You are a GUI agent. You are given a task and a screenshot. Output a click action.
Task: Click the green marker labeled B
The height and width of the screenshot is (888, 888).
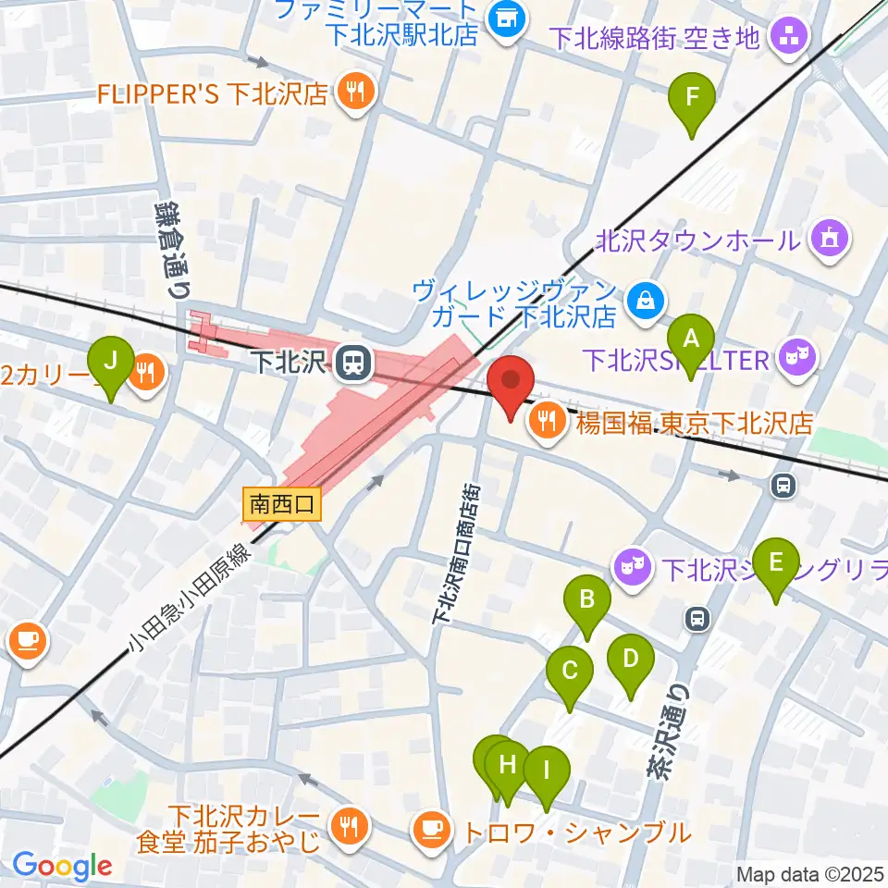[x=587, y=601]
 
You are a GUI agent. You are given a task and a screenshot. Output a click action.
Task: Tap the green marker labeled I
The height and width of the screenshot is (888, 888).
[x=546, y=771]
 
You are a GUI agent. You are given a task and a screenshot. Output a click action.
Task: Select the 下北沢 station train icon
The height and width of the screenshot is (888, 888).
[x=351, y=363]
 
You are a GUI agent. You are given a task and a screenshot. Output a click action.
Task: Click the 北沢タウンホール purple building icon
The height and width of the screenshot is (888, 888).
[x=827, y=240]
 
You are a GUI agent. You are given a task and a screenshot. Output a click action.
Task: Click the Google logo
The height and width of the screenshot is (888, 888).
[x=62, y=866]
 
